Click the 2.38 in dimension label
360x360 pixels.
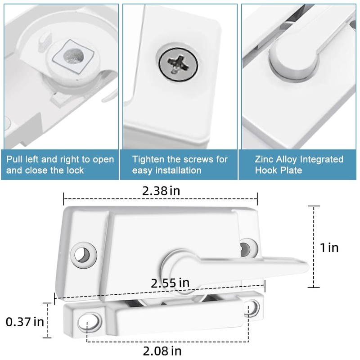(x=161, y=190)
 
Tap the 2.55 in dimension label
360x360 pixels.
(x=170, y=283)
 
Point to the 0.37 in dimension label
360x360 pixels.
(x=25, y=322)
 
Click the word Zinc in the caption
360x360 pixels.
(x=264, y=159)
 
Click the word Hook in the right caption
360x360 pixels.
(x=266, y=171)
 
